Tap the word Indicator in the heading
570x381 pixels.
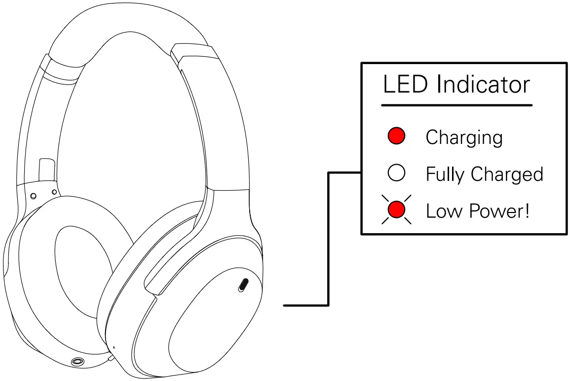coord(483,85)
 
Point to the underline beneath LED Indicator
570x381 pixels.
coord(456,105)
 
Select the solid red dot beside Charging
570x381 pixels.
coord(396,136)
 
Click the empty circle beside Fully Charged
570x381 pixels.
coord(396,173)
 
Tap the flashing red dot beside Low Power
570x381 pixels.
coord(396,210)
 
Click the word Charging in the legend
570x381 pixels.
coord(464,138)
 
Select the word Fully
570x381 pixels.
coord(445,174)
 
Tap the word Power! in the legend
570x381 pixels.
coord(499,211)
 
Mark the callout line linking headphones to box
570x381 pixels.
coord(328,246)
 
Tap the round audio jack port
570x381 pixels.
coord(76,363)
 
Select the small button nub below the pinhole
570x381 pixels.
coord(111,359)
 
